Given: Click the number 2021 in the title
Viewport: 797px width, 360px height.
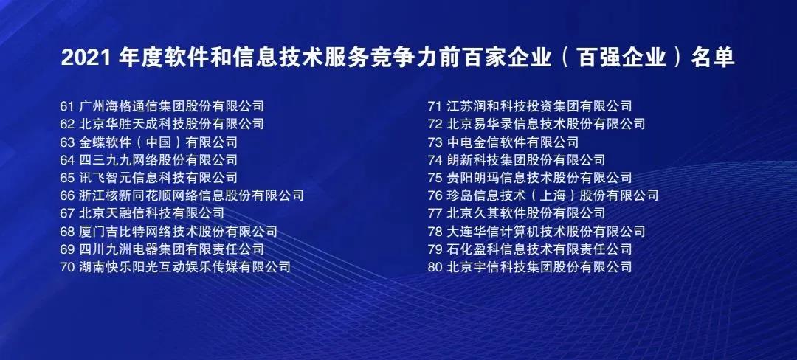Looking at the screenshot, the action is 86,58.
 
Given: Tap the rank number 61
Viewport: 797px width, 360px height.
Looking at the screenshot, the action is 67,106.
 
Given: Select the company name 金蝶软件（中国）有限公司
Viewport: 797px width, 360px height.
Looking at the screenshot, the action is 158,142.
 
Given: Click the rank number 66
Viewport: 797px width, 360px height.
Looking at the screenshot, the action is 67,195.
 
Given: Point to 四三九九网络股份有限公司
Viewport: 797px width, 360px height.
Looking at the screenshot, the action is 158,160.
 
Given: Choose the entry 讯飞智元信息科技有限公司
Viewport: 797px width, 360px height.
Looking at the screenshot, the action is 158,178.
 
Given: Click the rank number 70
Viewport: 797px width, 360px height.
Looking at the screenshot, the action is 67,267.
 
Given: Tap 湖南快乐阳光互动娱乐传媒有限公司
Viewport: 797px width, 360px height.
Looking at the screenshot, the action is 185,267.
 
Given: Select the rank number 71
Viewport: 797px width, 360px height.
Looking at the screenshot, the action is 435,106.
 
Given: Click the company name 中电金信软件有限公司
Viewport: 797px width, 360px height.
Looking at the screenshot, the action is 512,142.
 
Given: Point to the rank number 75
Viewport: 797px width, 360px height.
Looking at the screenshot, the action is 435,178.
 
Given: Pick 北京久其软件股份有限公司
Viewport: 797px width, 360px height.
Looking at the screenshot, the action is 526,213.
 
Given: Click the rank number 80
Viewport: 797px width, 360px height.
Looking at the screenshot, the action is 435,267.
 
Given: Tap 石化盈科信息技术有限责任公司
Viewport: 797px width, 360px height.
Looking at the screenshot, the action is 539,249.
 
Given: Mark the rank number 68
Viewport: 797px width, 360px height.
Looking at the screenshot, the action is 67,232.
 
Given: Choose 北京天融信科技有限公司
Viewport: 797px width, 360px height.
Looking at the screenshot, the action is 151,213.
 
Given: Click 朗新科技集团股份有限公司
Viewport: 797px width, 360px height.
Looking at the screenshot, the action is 526,160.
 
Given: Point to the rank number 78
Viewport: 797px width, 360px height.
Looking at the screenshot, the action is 435,232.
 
